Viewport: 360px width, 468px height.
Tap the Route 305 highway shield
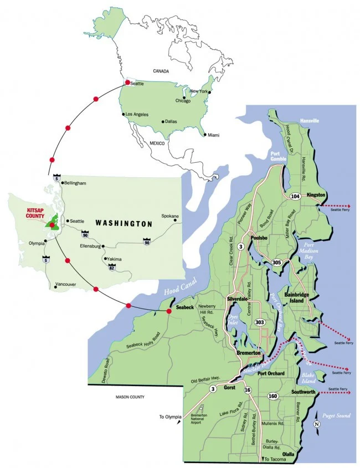277,263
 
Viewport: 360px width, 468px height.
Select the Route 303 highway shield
260,322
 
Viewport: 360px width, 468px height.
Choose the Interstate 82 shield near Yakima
112,266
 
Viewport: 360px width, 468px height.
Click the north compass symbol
316,424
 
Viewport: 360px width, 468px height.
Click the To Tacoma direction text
275,460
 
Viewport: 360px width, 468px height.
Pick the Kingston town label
313,195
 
